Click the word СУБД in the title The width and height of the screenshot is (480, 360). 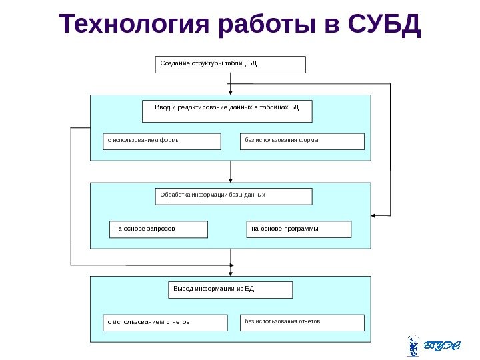pos(385,25)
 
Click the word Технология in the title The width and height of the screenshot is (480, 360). pos(134,25)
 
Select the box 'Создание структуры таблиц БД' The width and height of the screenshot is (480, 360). pos(231,64)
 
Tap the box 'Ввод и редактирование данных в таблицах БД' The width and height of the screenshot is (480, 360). pos(227,111)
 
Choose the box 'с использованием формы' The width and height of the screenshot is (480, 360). pos(161,141)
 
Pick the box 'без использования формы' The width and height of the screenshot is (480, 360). pos(302,141)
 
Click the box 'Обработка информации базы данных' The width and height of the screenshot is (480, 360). pos(233,196)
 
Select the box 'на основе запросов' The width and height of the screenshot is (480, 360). pos(159,229)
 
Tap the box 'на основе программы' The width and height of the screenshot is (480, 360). pos(299,229)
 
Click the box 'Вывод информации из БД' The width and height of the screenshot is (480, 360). pos(229,289)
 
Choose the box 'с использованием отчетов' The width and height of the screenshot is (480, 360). pos(161,323)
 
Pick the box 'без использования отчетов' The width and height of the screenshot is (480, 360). pos(302,323)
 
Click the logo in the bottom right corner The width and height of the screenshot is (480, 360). pos(433,345)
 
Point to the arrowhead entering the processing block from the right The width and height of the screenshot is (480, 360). pos(374,215)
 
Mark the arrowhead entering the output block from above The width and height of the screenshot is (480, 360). pos(231,273)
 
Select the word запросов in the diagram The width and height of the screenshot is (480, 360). pos(161,229)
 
